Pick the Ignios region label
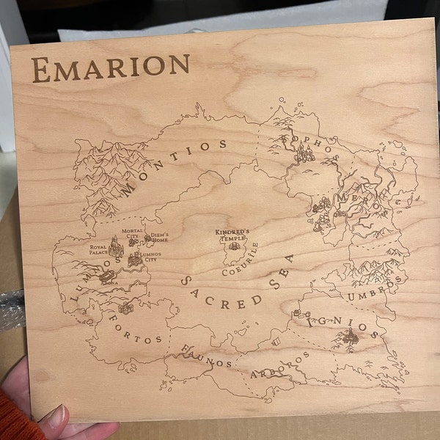click(x=344, y=326)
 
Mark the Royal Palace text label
click(x=100, y=250)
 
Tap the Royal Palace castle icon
click(x=116, y=245)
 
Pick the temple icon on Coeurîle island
click(x=234, y=246)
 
